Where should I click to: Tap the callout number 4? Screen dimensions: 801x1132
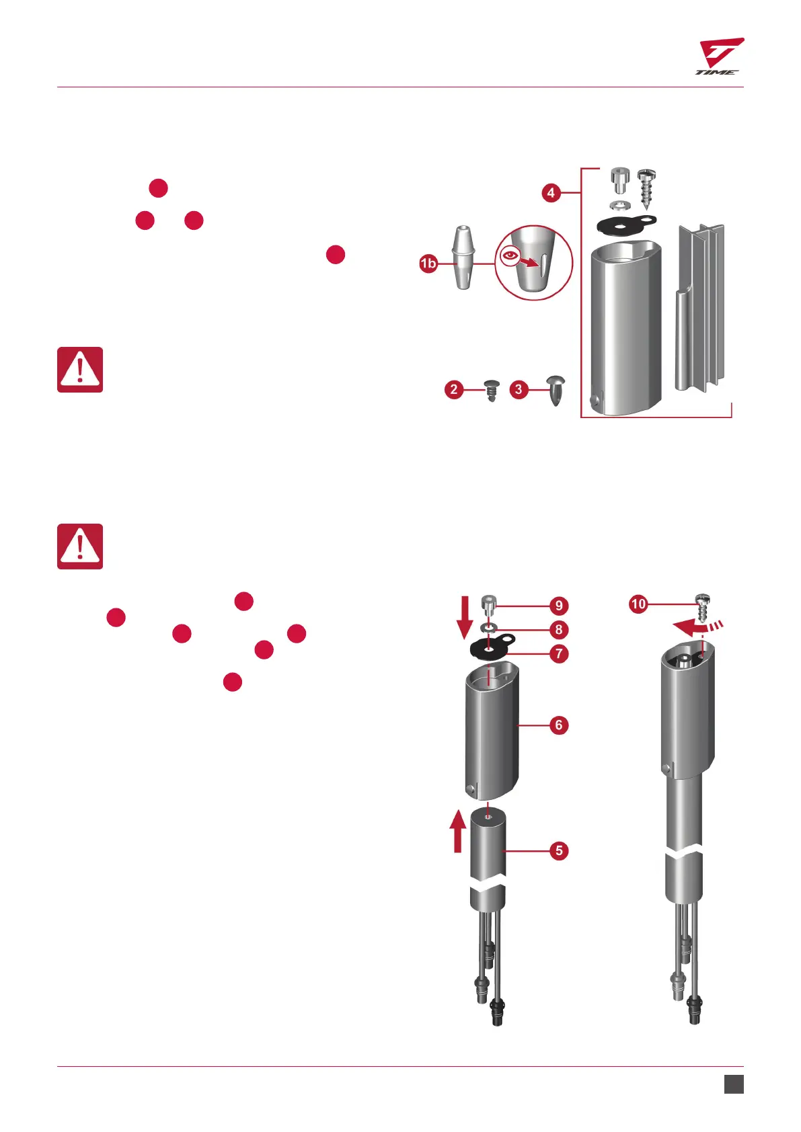(551, 193)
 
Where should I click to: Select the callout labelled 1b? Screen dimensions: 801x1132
(428, 264)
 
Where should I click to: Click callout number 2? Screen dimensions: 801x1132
(454, 389)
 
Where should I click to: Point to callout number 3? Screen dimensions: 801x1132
(519, 389)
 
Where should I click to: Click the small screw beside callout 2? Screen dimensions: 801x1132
(492, 390)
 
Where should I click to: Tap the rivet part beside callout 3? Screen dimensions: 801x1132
(556, 390)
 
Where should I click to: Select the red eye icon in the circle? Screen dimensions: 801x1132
(510, 255)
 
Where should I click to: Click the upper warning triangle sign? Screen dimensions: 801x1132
(80, 370)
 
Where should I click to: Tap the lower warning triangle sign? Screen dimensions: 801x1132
(80, 547)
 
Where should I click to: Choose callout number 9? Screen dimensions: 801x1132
(559, 606)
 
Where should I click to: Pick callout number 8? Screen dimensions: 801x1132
(559, 630)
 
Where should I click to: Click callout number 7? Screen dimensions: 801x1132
(559, 653)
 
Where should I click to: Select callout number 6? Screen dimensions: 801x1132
(559, 725)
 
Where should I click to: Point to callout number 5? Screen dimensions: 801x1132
(559, 850)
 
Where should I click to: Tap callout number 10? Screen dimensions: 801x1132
(638, 604)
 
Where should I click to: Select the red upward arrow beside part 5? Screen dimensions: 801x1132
(457, 831)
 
